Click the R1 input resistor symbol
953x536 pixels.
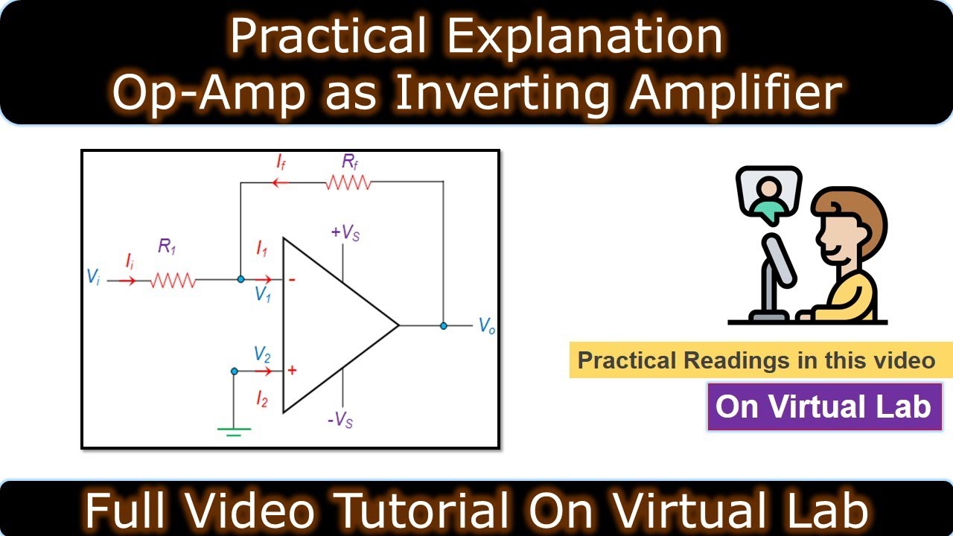pyautogui.click(x=173, y=281)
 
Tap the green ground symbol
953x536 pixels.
pyautogui.click(x=233, y=430)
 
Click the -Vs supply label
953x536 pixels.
pyautogui.click(x=340, y=421)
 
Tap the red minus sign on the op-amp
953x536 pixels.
pyautogui.click(x=291, y=280)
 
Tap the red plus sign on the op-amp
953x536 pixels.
pyautogui.click(x=291, y=371)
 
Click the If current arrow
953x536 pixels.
pyautogui.click(x=280, y=181)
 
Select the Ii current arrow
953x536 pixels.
pyautogui.click(x=127, y=281)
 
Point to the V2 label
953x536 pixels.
pyautogui.click(x=261, y=353)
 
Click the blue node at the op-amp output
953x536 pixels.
pyautogui.click(x=444, y=326)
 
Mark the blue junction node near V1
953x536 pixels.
pyautogui.click(x=240, y=280)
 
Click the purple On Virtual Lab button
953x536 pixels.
pyautogui.click(x=824, y=406)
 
